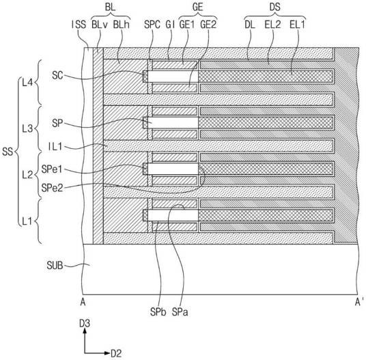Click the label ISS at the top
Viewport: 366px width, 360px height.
[x=79, y=25]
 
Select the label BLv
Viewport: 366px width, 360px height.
[x=100, y=25]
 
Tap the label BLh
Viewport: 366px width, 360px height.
[x=122, y=25]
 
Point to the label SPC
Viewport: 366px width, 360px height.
[x=152, y=25]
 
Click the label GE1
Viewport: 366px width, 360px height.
[x=187, y=25]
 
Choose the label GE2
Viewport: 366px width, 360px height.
[x=208, y=25]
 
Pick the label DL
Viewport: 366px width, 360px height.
[x=250, y=25]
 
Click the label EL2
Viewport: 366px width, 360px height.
[x=272, y=25]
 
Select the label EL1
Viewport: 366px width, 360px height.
[x=297, y=25]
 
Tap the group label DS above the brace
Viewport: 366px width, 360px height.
[x=274, y=7]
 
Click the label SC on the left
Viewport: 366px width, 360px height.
[x=57, y=75]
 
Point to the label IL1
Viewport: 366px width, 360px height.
[x=55, y=147]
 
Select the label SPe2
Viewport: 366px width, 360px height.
[x=53, y=188]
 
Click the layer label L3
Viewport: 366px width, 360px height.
[x=27, y=128]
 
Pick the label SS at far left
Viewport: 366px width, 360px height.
[x=8, y=152]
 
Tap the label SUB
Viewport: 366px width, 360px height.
[x=55, y=266]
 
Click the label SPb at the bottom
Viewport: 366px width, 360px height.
[x=158, y=312]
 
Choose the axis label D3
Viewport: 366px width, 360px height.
[x=85, y=324]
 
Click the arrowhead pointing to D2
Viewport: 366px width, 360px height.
[x=107, y=353]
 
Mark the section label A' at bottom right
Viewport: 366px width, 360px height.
[x=359, y=303]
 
